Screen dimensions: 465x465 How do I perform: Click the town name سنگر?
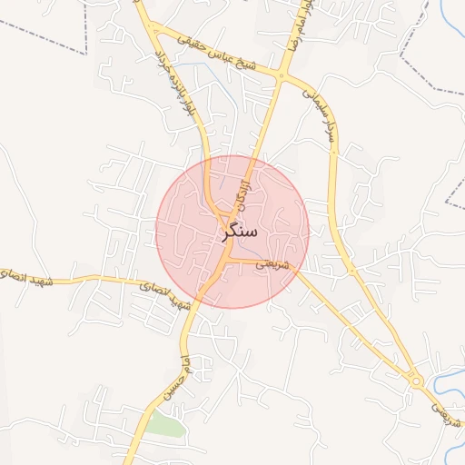pyautogui.click(x=239, y=232)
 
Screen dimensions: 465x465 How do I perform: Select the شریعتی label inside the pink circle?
pyautogui.click(x=273, y=264)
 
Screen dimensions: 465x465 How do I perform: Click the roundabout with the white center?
pyautogui.click(x=417, y=382)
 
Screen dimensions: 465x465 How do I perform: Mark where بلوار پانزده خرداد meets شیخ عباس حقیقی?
pyautogui.click(x=155, y=31)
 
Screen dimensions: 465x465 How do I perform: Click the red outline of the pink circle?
pyautogui.click(x=309, y=232)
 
